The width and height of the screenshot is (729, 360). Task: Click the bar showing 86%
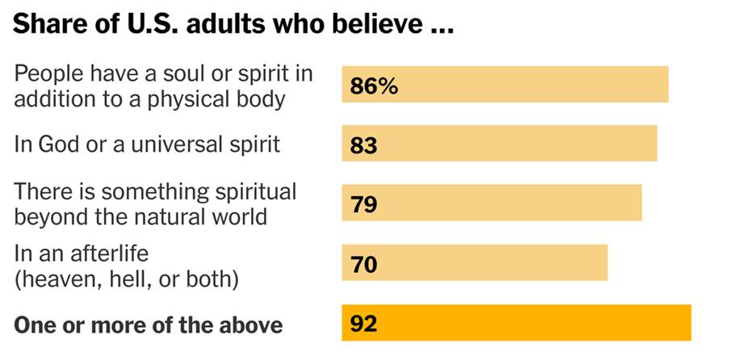tap(505, 85)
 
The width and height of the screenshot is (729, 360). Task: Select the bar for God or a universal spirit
tap(499, 144)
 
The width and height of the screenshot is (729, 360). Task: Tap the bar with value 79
tap(492, 203)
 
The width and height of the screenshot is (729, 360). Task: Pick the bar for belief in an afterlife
tap(474, 263)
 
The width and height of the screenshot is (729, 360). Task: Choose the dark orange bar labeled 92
tap(516, 323)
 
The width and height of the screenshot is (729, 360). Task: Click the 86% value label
tap(374, 86)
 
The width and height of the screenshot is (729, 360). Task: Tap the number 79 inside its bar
tap(365, 204)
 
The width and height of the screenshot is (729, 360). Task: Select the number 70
tap(365, 264)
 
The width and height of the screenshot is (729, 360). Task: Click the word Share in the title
tap(46, 26)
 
